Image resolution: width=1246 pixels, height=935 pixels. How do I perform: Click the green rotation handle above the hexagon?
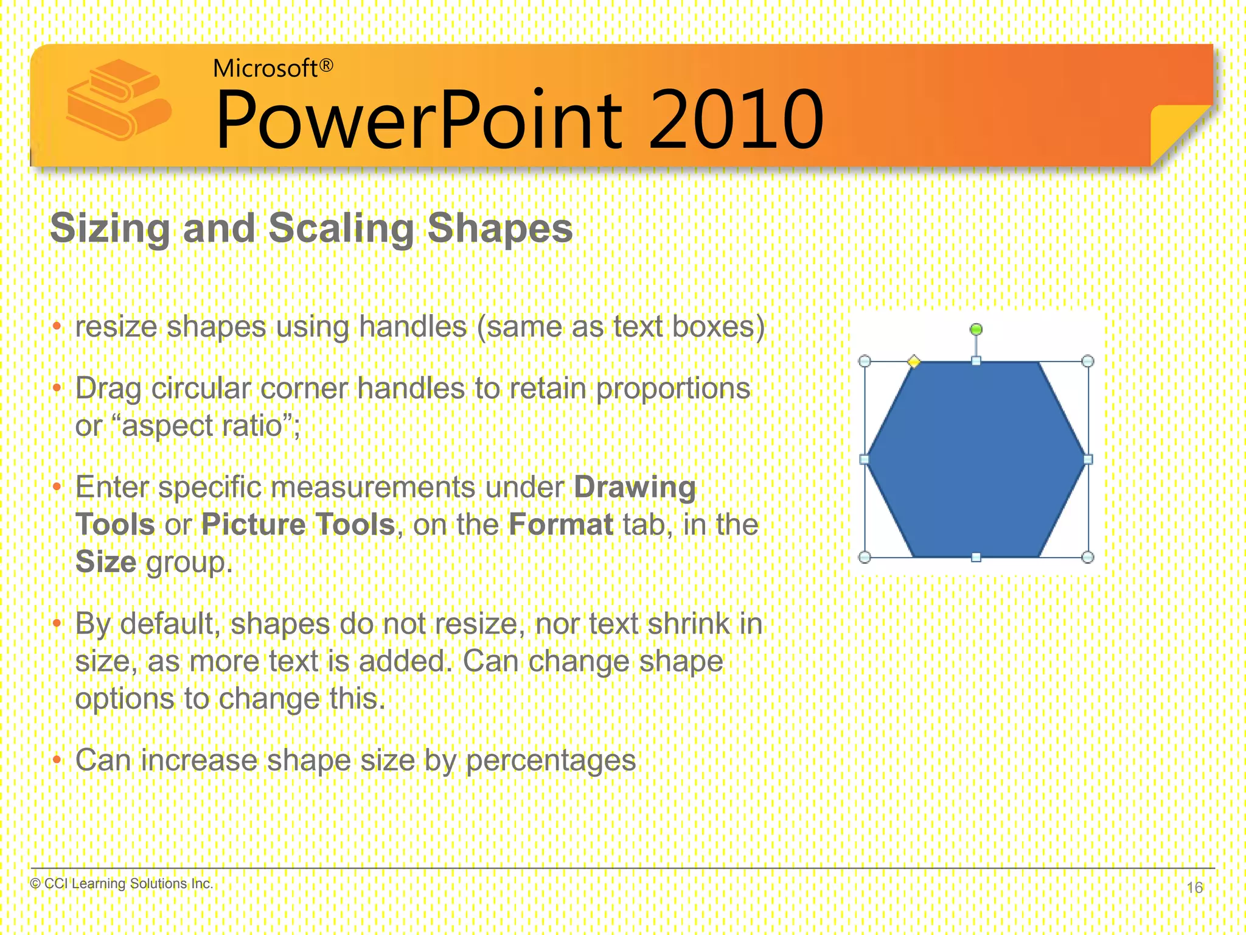pyautogui.click(x=976, y=329)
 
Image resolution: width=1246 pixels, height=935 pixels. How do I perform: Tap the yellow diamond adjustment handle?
pyautogui.click(x=913, y=362)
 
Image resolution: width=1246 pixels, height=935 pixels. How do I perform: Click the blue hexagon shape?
pyautogui.click(x=976, y=460)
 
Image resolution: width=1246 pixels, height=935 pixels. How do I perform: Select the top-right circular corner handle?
pyautogui.click(x=1088, y=361)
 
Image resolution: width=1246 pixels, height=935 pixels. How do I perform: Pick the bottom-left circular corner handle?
pyautogui.click(x=864, y=556)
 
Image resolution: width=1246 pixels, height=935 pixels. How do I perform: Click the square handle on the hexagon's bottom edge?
pyautogui.click(x=976, y=557)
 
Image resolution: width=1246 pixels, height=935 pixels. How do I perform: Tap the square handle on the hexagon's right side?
pyautogui.click(x=1088, y=460)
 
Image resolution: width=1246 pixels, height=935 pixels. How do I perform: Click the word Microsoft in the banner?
pyautogui.click(x=265, y=68)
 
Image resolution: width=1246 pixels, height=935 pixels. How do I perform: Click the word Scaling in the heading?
pyautogui.click(x=341, y=228)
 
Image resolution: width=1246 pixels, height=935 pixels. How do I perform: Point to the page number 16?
pyautogui.click(x=1194, y=887)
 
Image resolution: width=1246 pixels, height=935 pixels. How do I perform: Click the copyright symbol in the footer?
pyautogui.click(x=35, y=883)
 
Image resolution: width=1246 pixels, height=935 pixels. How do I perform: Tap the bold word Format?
pyautogui.click(x=561, y=525)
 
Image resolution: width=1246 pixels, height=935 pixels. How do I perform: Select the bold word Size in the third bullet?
pyautogui.click(x=105, y=562)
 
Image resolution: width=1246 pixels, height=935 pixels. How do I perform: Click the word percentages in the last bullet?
pyautogui.click(x=551, y=760)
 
